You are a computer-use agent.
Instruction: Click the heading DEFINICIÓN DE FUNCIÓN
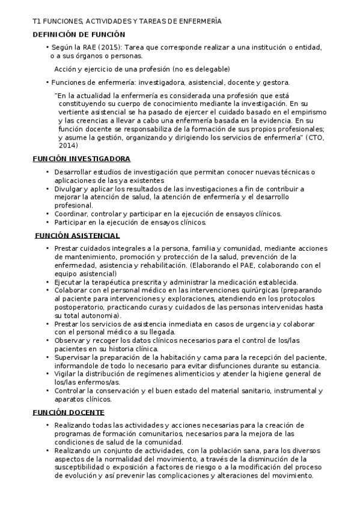[x=78, y=34]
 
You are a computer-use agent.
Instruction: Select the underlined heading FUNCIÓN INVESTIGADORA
[x=81, y=159]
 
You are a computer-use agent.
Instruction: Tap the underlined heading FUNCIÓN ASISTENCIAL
[x=78, y=235]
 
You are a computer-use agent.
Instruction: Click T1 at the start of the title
[x=37, y=21]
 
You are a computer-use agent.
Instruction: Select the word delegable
[x=212, y=69]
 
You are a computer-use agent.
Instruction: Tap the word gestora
[x=275, y=82]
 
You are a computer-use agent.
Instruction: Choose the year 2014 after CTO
[x=68, y=146]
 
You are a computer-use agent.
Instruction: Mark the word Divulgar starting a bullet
[x=69, y=188]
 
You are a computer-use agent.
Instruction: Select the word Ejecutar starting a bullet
[x=69, y=281]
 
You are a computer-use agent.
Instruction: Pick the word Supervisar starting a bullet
[x=73, y=357]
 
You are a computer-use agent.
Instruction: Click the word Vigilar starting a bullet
[x=66, y=374]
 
